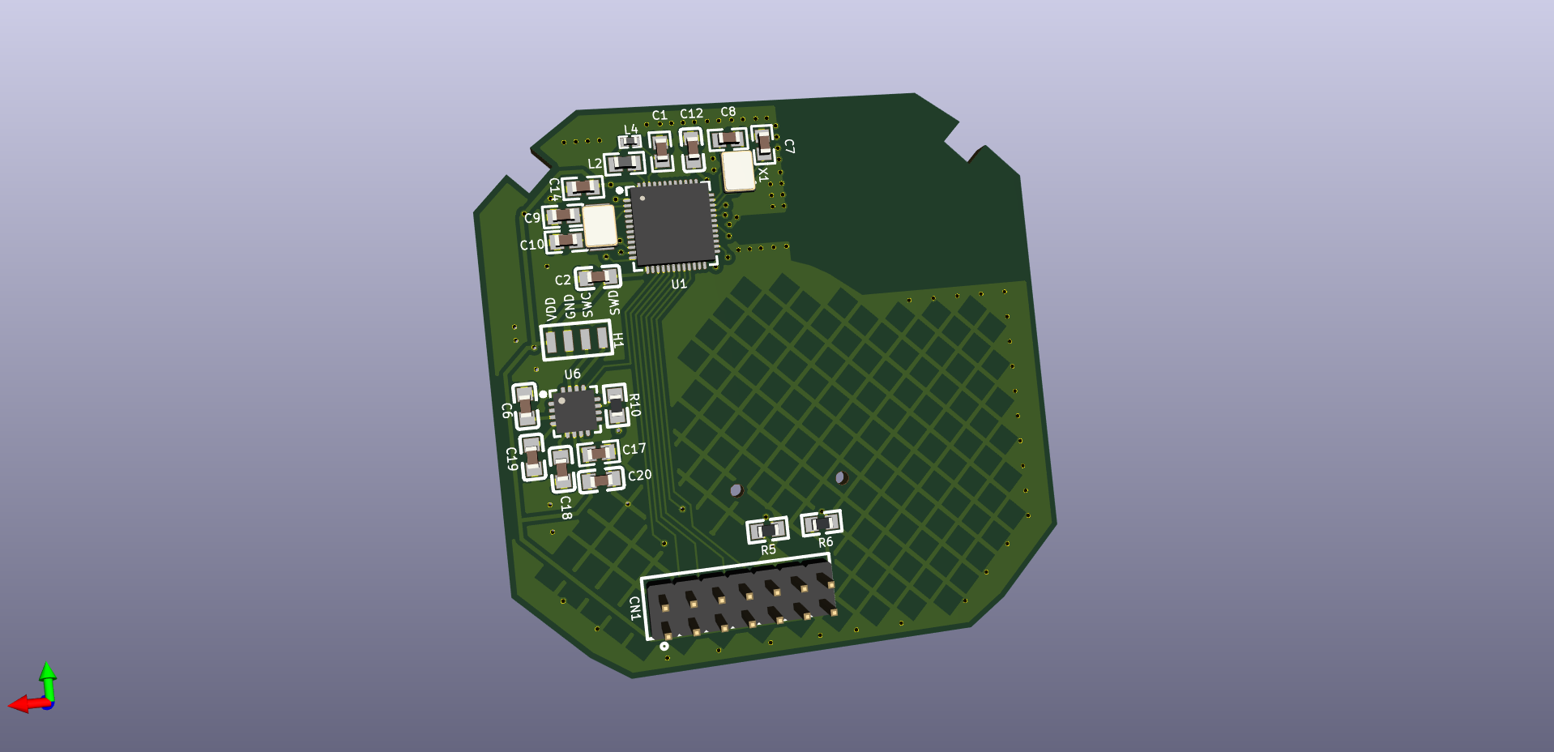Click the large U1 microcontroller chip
(672, 225)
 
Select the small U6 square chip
(574, 412)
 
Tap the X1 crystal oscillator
(738, 171)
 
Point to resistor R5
(767, 530)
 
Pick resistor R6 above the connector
(822, 523)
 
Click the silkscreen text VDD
(551, 309)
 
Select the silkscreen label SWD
(614, 302)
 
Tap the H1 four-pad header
(576, 340)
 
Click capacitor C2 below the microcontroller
(598, 277)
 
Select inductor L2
(624, 164)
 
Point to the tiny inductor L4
(630, 142)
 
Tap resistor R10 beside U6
(617, 405)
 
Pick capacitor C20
(601, 480)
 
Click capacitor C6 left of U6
(525, 406)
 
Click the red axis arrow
(24, 704)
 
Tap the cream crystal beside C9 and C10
(600, 226)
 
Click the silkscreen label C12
(691, 114)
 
